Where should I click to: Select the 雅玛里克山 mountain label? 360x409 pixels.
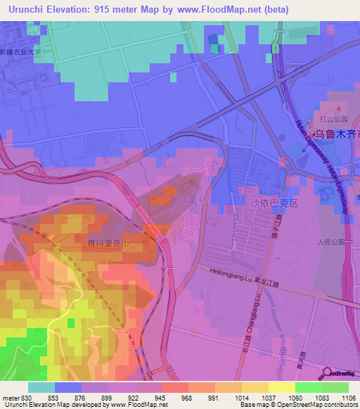(x=108, y=243)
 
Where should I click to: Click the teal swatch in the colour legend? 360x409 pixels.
(x=41, y=387)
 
